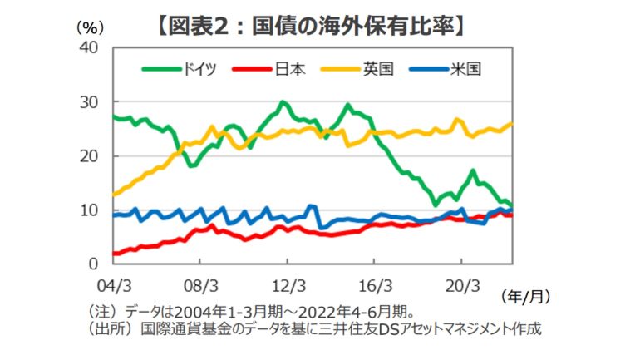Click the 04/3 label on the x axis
[x=115, y=284]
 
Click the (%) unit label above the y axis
[x=87, y=27]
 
